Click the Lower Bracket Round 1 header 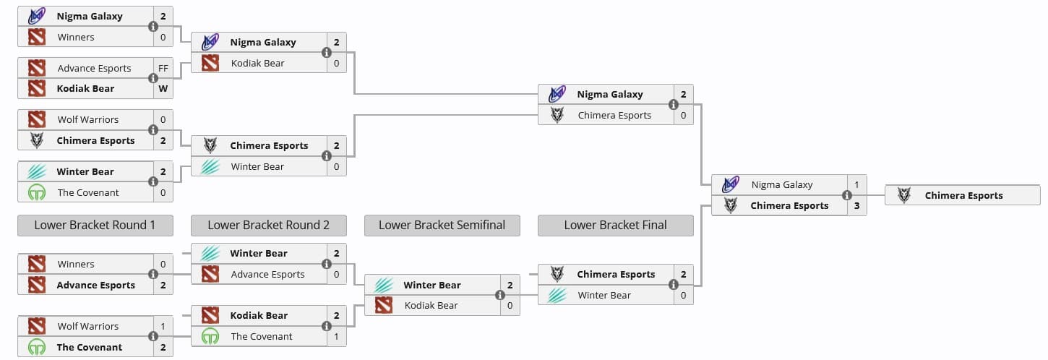click(x=95, y=225)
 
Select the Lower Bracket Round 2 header click(x=268, y=225)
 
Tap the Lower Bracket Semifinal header click(x=442, y=225)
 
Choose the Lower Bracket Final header click(x=615, y=225)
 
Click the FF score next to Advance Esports click(x=163, y=68)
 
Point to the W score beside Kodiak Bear click(x=163, y=88)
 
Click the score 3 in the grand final click(x=856, y=205)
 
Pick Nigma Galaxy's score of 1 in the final click(x=856, y=185)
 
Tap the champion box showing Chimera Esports click(x=963, y=195)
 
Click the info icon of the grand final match click(x=846, y=195)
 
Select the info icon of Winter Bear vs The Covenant click(x=153, y=181)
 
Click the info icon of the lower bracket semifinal click(x=500, y=295)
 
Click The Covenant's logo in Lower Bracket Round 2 click(x=210, y=336)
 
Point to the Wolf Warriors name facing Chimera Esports click(x=87, y=119)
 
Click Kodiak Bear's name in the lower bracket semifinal click(x=431, y=305)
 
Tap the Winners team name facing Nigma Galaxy click(x=76, y=37)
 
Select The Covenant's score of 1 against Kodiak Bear click(x=336, y=336)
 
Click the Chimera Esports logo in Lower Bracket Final click(x=557, y=274)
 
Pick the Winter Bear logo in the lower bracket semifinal click(x=384, y=285)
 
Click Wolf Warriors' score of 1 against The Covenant click(x=163, y=326)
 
